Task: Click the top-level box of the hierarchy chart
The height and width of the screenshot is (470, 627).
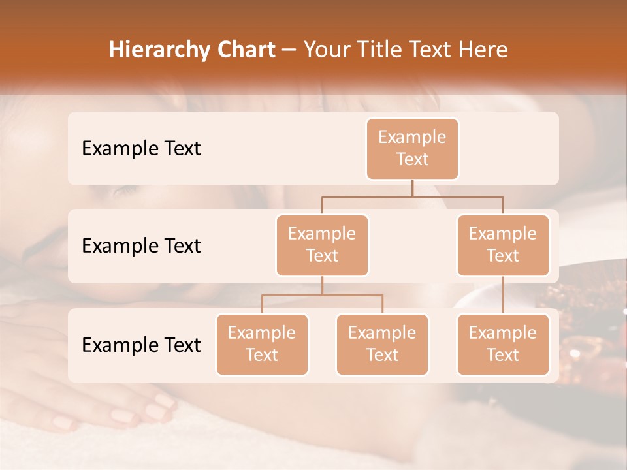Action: click(412, 148)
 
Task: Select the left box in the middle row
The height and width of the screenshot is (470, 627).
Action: click(322, 245)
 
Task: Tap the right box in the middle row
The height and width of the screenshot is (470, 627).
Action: click(503, 245)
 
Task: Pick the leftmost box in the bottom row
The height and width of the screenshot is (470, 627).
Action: click(262, 344)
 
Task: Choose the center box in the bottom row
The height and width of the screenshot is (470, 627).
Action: click(382, 344)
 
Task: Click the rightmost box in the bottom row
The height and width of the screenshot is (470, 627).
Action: click(503, 344)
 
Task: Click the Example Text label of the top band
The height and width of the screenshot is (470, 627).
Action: click(141, 148)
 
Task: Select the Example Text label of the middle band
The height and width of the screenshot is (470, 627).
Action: click(141, 245)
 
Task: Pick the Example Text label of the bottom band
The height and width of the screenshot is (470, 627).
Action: click(141, 345)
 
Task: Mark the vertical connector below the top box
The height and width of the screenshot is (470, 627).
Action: click(412, 188)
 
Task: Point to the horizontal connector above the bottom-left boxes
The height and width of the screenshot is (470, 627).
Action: click(322, 295)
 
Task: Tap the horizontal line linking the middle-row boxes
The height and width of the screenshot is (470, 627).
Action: click(412, 196)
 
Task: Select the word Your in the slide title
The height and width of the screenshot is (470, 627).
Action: click(327, 50)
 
